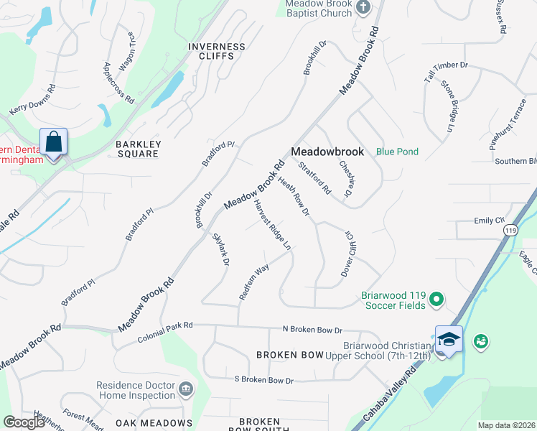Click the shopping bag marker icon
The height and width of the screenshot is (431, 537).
coord(54,142)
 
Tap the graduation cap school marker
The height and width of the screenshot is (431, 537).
coord(449,339)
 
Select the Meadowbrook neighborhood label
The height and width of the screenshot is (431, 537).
coord(329,152)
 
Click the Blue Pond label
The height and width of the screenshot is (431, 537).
coord(398,152)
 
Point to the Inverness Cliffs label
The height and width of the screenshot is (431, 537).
coord(216,51)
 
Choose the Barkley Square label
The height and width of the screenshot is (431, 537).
coord(137,149)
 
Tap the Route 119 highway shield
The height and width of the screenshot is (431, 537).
coord(510,230)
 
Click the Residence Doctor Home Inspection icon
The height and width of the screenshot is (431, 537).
coord(187,389)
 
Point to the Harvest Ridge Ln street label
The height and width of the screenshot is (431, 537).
coord(272,224)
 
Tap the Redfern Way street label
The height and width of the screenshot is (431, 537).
coord(253,282)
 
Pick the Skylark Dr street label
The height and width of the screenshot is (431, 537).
coord(220,250)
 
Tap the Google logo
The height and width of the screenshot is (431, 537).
coord(24,422)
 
